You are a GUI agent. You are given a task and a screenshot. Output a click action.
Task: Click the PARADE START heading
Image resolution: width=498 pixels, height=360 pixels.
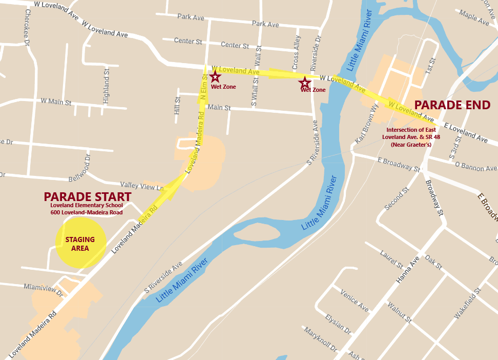tap(87, 197)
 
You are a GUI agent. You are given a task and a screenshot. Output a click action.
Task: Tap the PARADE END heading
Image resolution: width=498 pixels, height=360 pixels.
tap(452, 105)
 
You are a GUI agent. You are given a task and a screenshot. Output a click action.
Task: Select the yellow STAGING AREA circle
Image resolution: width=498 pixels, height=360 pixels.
tap(80, 243)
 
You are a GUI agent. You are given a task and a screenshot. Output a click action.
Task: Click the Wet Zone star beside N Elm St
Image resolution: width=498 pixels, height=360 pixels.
tap(215, 77)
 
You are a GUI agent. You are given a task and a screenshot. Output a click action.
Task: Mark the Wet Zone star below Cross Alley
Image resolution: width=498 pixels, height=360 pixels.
tap(305, 82)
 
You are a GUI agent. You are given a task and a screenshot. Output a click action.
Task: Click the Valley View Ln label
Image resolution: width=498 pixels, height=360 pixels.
tap(141, 185)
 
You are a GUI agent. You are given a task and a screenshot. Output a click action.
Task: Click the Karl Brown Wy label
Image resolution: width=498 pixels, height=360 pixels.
tap(366, 125)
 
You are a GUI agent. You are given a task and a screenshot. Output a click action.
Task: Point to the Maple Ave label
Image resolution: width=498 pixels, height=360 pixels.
tap(475, 17)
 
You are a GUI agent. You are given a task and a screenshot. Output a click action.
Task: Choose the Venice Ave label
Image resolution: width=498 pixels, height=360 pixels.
tap(354, 301)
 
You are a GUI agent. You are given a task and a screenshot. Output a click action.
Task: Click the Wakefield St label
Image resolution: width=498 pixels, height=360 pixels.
tap(467, 304)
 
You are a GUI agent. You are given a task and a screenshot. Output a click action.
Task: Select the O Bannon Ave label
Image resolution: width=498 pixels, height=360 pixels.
tap(476, 167)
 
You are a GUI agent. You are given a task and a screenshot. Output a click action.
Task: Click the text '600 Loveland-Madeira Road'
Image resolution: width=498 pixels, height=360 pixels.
tap(86, 212)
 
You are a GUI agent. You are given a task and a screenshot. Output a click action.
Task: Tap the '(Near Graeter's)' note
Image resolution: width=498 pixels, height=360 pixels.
tap(411, 145)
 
